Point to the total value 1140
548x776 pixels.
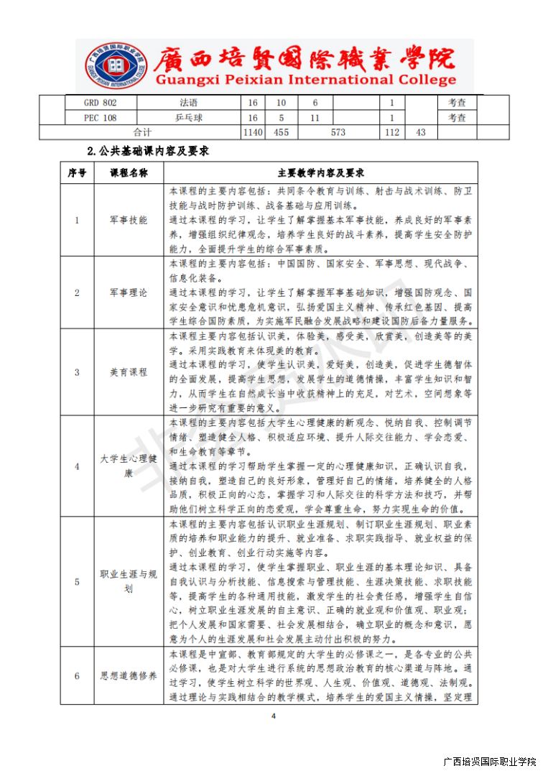[253, 132]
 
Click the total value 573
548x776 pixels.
[338, 132]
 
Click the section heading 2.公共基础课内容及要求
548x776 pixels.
[148, 152]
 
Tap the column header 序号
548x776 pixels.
[77, 173]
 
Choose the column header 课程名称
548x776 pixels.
[129, 173]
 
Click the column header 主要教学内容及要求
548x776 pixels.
[320, 173]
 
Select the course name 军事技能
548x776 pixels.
[129, 220]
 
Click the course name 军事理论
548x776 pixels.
[129, 292]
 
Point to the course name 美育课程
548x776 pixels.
[129, 372]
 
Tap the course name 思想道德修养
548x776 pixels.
[129, 676]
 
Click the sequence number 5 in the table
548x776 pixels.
[77, 581]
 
